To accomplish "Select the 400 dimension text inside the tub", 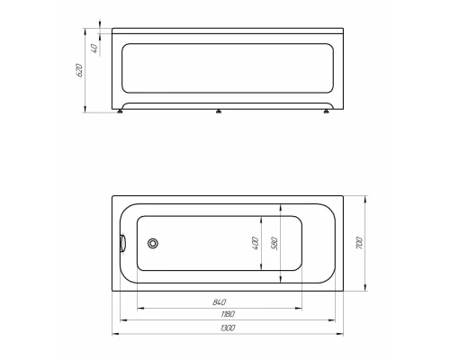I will coord(255,243).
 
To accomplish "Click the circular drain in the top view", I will coord(153,242).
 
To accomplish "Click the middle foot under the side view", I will coord(219,112).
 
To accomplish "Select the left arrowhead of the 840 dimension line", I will coord(138,305).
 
